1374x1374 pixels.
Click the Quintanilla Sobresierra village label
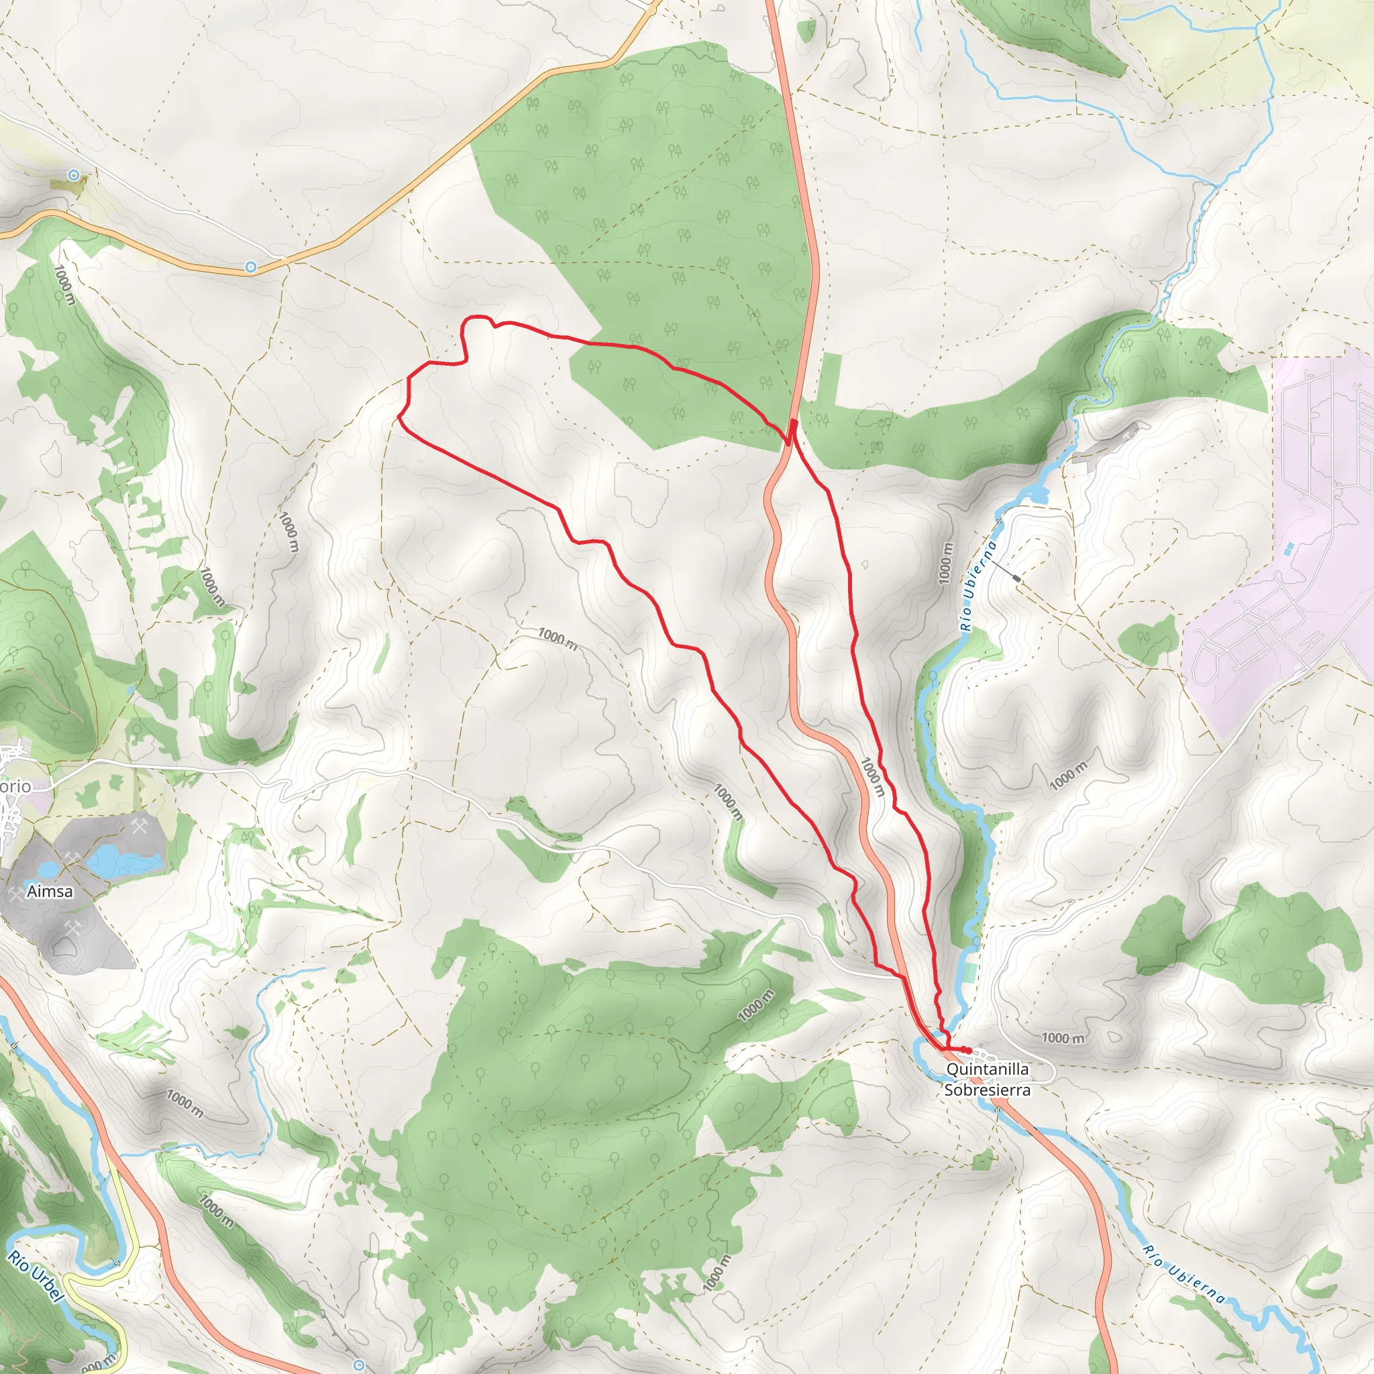click(x=987, y=1079)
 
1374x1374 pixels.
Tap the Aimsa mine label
click(x=50, y=891)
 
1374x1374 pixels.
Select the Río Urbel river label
click(x=36, y=1277)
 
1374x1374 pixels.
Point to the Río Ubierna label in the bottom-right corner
click(x=1184, y=1274)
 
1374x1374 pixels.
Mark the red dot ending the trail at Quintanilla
click(x=969, y=1051)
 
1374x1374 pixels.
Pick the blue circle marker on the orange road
click(x=250, y=267)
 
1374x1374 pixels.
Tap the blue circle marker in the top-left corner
click(x=74, y=174)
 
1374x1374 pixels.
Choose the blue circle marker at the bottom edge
click(x=359, y=1364)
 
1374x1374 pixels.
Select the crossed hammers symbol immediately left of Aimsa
click(x=15, y=892)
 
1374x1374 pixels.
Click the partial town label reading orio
click(x=15, y=786)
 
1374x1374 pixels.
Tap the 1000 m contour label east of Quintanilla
click(x=1063, y=1039)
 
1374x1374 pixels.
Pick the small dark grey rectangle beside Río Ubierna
click(x=1016, y=580)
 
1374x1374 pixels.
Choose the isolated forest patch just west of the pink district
click(x=1148, y=639)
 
